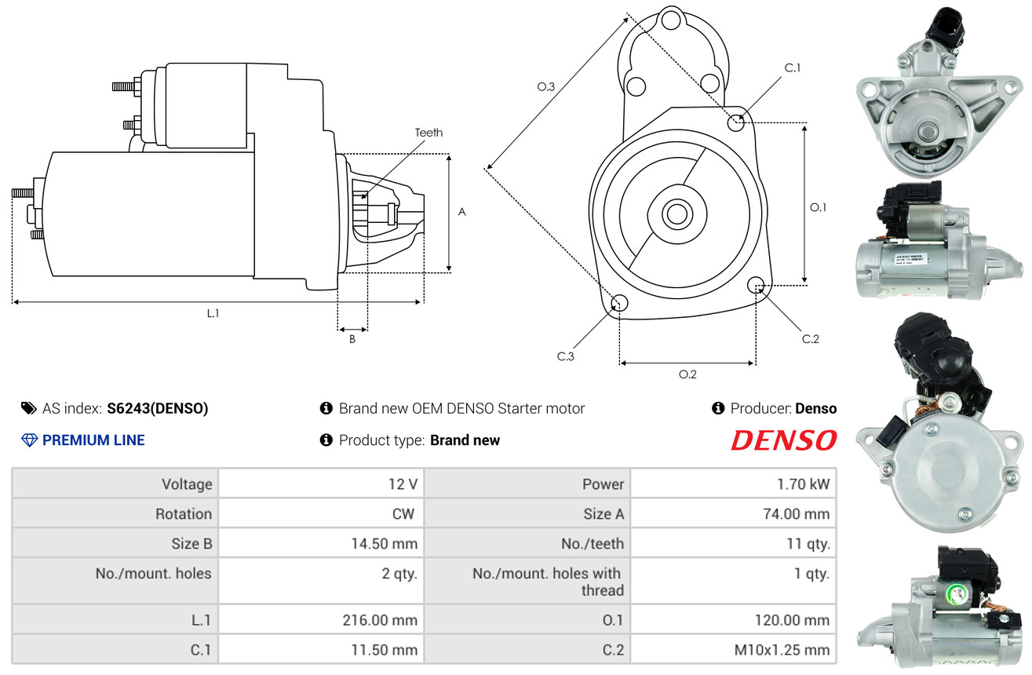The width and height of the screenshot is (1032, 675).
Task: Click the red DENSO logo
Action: [783, 441]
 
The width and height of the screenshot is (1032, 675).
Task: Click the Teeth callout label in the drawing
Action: [428, 133]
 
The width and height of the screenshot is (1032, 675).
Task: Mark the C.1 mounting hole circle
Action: [736, 122]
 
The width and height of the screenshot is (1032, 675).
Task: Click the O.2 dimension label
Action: [687, 374]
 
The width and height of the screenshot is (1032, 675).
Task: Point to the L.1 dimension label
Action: [213, 313]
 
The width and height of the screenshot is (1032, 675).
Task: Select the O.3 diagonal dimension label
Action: [546, 87]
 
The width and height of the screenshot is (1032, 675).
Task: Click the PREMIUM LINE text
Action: [93, 440]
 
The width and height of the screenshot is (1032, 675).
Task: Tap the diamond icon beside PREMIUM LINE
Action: [29, 440]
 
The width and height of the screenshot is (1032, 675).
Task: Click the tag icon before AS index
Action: [28, 408]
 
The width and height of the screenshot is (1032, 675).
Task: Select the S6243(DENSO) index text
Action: [157, 408]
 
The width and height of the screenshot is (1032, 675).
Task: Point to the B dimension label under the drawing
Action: [352, 340]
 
